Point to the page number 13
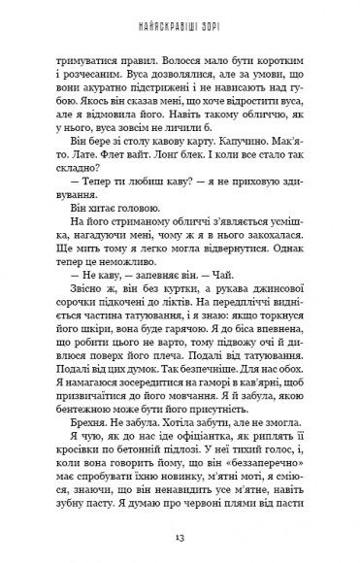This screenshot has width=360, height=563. tap(180, 536)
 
